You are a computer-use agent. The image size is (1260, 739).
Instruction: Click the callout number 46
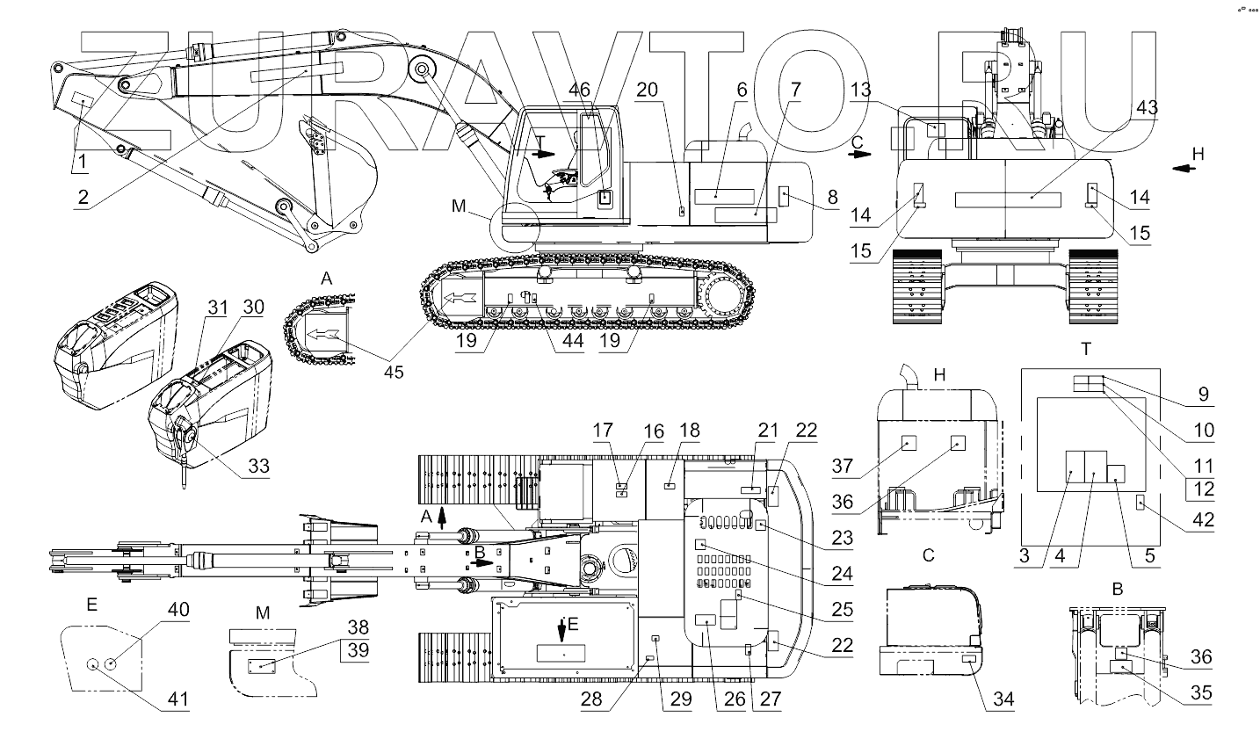pos(579,90)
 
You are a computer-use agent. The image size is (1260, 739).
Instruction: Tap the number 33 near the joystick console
pos(257,466)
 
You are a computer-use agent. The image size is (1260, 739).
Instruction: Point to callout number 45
pos(394,372)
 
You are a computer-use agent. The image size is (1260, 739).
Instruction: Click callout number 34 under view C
pos(1003,699)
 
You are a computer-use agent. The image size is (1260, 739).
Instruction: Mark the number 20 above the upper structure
pos(671,90)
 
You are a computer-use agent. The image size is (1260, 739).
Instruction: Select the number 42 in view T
pos(1202,520)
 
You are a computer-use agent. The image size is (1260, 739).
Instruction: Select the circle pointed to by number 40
pos(111,664)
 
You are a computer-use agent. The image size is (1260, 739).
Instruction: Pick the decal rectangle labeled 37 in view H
pos(909,444)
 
